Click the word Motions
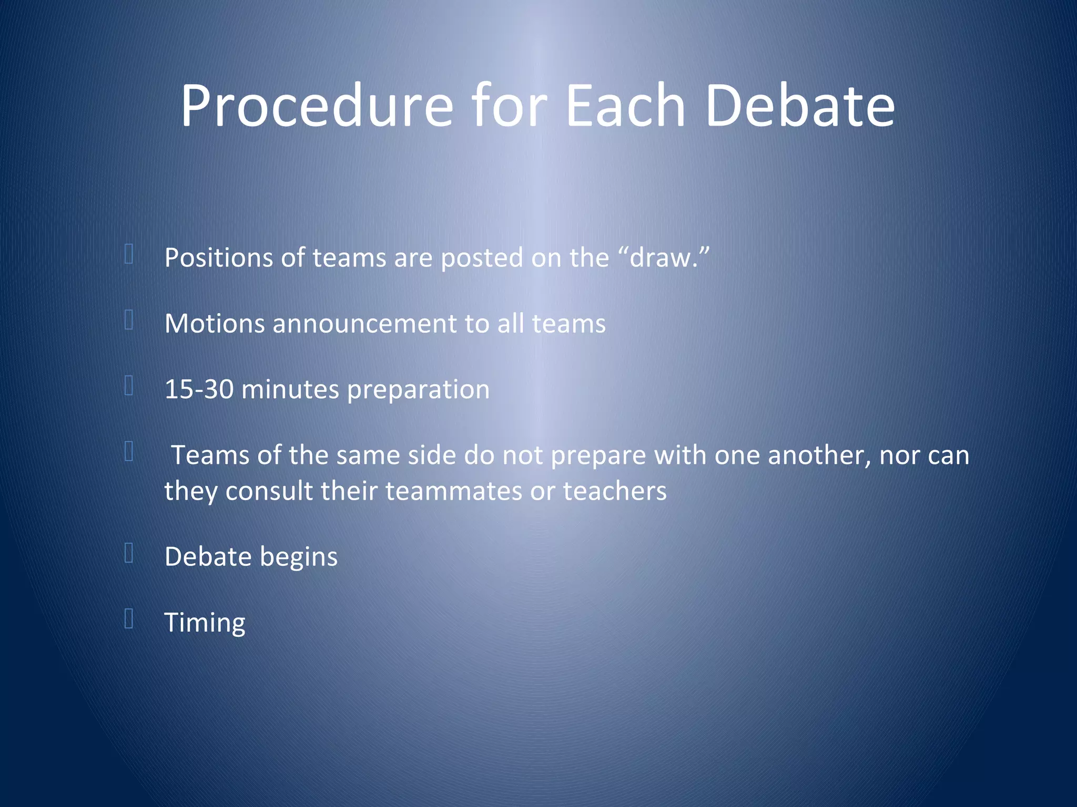click(215, 324)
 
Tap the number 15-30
click(199, 389)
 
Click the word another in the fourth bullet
click(816, 455)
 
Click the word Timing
click(205, 623)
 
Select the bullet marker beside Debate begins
click(129, 553)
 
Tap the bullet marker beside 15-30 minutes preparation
click(129, 386)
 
